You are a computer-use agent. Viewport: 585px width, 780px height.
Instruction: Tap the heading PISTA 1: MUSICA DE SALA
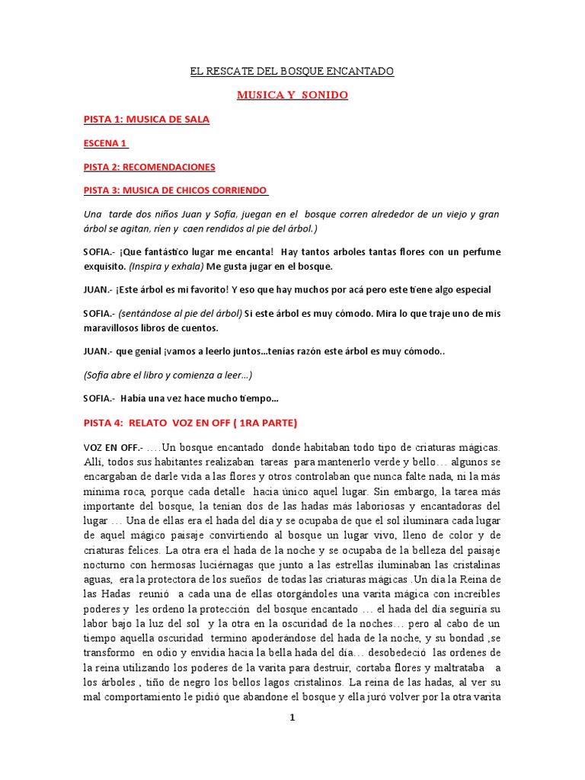coord(146,120)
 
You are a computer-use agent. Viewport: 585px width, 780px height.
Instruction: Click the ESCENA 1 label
coord(106,143)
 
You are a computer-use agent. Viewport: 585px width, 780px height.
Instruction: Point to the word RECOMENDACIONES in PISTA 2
coord(173,167)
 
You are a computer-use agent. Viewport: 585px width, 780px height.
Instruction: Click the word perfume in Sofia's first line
coord(478,252)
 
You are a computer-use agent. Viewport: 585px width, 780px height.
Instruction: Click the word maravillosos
coord(117,328)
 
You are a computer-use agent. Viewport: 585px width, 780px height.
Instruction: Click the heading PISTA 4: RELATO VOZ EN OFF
coord(190,422)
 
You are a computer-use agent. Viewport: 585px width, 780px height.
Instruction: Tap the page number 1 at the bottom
coord(292,718)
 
